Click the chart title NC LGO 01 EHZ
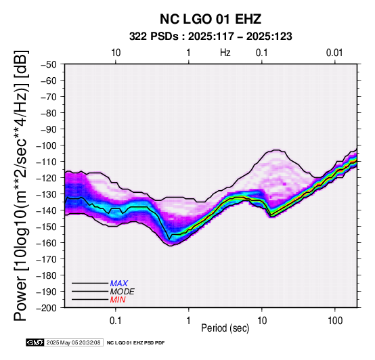coord(211,19)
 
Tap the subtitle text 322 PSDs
coord(154,37)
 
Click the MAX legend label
coord(119,284)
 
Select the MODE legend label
coord(123,292)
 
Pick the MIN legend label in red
coord(118,300)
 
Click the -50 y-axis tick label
coord(49,64)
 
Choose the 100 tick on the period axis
coord(335,321)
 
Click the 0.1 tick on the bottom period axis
coord(116,321)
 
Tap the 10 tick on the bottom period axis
coord(262,321)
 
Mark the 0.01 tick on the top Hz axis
coord(334,53)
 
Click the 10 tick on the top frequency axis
coord(116,53)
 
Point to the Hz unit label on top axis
coord(225,53)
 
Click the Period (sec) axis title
coord(225,328)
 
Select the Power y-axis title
coord(21,185)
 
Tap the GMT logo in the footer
coord(35,342)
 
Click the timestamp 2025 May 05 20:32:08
coord(73,342)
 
